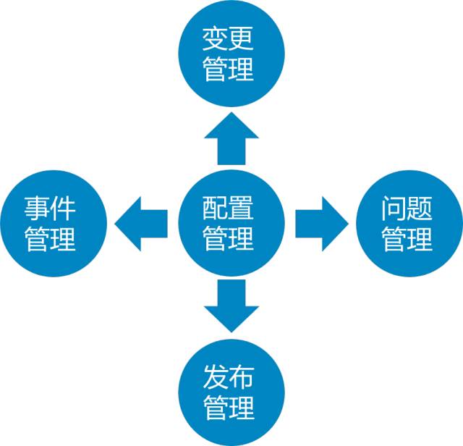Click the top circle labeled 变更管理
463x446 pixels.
point(231,54)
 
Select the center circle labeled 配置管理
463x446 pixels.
point(231,224)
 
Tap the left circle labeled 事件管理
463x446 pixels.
point(54,224)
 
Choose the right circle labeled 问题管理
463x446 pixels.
point(409,224)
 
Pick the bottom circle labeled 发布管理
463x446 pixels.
point(231,393)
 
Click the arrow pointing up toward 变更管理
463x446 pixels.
point(231,138)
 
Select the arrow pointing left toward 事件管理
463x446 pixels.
point(141,224)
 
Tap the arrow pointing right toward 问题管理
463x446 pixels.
point(322,224)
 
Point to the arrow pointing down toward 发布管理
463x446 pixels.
point(231,306)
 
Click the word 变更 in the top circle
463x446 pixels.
point(228,39)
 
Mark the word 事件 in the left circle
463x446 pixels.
point(50,209)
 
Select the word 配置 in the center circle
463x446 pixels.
point(228,208)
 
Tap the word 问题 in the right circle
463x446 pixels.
point(407,209)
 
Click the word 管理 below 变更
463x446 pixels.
point(229,70)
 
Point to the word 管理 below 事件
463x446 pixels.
point(50,239)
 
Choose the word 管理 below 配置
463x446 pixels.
point(229,238)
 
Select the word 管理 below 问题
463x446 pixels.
point(407,239)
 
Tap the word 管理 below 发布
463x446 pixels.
point(229,408)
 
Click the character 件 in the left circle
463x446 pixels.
point(63,209)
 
